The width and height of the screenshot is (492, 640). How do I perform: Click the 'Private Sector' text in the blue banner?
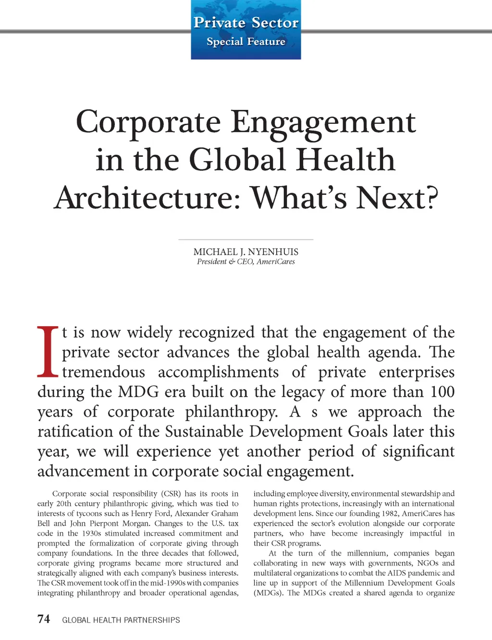246,23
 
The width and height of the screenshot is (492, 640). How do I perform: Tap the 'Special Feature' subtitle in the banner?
246,42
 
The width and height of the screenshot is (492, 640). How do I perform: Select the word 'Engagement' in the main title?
323,122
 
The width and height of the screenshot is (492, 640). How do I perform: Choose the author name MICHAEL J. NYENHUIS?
246,252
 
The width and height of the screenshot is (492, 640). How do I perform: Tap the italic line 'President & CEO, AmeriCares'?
246,262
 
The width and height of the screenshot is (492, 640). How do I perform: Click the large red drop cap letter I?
48,352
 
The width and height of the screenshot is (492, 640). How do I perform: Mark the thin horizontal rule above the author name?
246,239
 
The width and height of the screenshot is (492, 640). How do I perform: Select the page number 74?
44,619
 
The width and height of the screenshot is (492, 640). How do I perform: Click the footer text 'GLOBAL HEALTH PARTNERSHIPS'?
121,620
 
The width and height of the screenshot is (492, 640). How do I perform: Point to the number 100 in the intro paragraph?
442,392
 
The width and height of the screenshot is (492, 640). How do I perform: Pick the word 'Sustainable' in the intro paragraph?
204,431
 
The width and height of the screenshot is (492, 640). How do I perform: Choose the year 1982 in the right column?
390,513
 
